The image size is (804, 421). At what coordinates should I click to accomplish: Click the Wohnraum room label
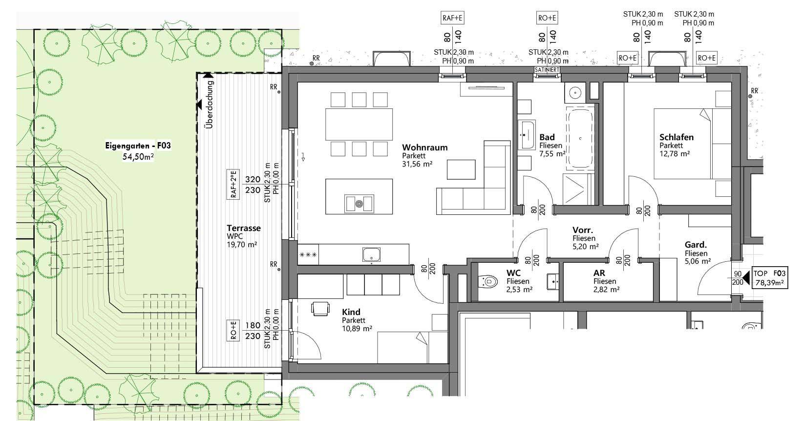(424, 147)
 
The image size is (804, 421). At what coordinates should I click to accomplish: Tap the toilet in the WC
(487, 281)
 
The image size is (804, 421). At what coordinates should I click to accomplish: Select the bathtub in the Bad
(580, 139)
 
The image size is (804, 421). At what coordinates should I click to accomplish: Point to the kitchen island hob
(359, 204)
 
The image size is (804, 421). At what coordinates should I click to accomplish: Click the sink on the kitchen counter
(371, 254)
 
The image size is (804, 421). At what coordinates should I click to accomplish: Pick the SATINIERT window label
(547, 70)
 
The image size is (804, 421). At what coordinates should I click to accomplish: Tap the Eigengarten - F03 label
(138, 146)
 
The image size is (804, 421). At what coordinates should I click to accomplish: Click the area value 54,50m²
(138, 157)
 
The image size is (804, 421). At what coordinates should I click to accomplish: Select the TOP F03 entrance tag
(769, 278)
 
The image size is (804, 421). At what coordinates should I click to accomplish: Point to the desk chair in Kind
(320, 309)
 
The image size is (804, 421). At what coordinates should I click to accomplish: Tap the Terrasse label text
(244, 228)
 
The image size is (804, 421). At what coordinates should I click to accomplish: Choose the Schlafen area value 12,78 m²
(675, 154)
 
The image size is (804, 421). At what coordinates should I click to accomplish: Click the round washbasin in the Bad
(575, 93)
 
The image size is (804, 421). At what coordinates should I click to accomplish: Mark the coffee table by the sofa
(461, 169)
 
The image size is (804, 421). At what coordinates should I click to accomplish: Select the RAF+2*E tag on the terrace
(233, 185)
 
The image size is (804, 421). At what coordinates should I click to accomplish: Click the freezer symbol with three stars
(308, 255)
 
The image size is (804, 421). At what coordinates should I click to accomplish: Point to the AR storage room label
(599, 273)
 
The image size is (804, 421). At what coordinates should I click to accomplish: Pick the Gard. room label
(696, 245)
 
